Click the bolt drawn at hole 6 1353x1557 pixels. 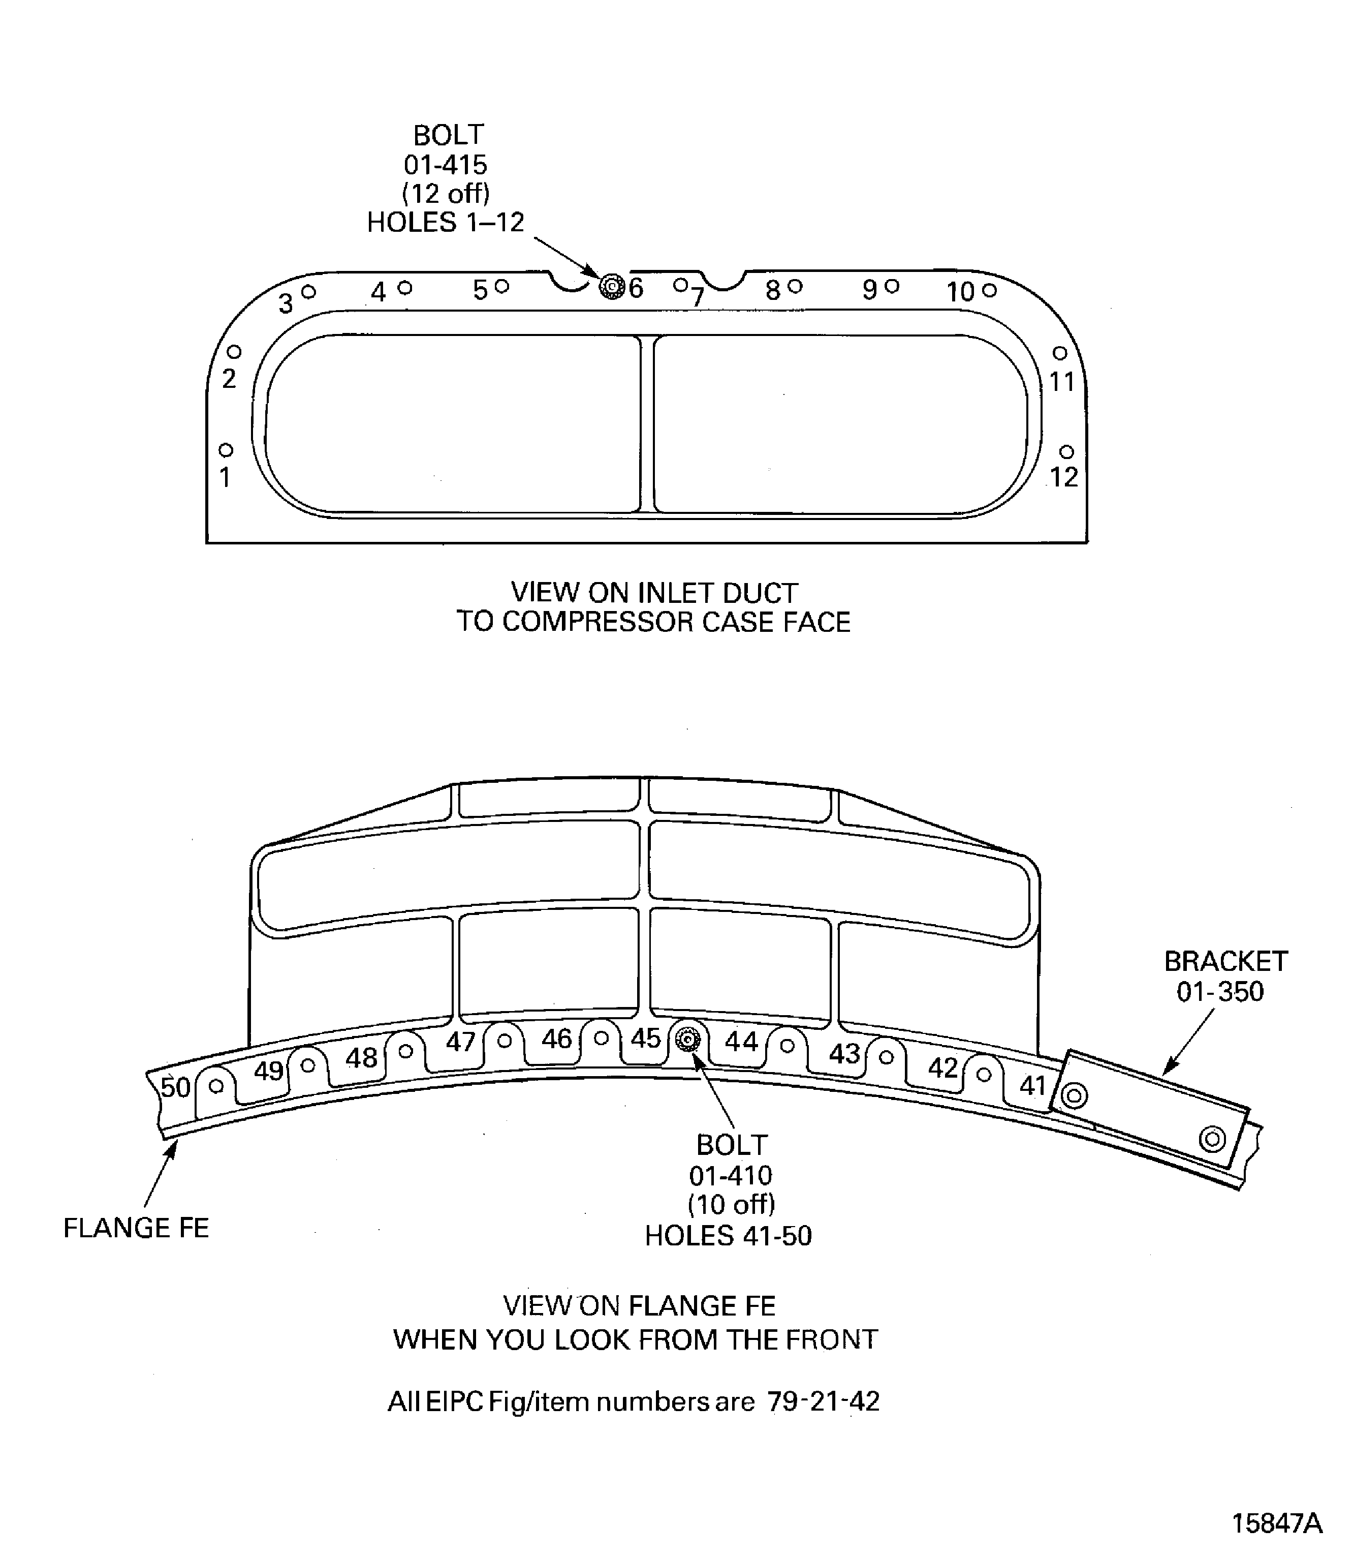[x=611, y=287]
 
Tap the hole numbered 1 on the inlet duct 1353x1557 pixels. [x=226, y=450]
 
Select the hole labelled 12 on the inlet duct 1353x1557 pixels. [x=1066, y=452]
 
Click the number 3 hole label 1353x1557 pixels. [x=286, y=303]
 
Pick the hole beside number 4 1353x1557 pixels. [x=405, y=287]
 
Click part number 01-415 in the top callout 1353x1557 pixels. [x=446, y=165]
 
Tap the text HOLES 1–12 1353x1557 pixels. [x=446, y=223]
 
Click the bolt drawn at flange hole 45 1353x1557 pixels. [x=687, y=1040]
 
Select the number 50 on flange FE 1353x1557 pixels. [x=175, y=1088]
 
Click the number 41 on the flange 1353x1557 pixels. [x=1032, y=1086]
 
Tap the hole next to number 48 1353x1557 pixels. [x=405, y=1051]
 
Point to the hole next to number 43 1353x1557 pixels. [x=887, y=1057]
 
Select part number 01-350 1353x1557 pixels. [x=1220, y=992]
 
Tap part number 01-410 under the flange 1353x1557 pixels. [x=730, y=1175]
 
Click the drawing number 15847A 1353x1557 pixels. [x=1277, y=1523]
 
